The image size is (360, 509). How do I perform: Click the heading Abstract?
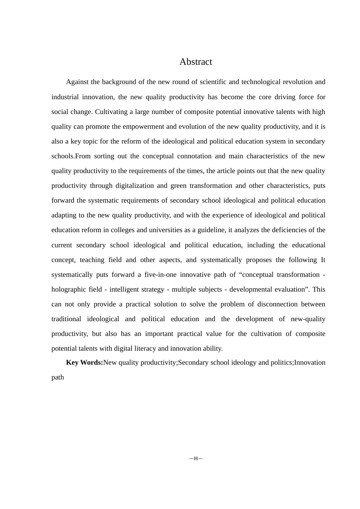point(196,62)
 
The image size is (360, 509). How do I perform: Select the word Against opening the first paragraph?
point(77,82)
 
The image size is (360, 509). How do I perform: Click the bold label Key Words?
point(85,362)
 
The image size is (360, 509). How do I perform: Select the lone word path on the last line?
point(58,377)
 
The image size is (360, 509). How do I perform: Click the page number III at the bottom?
point(196,459)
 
